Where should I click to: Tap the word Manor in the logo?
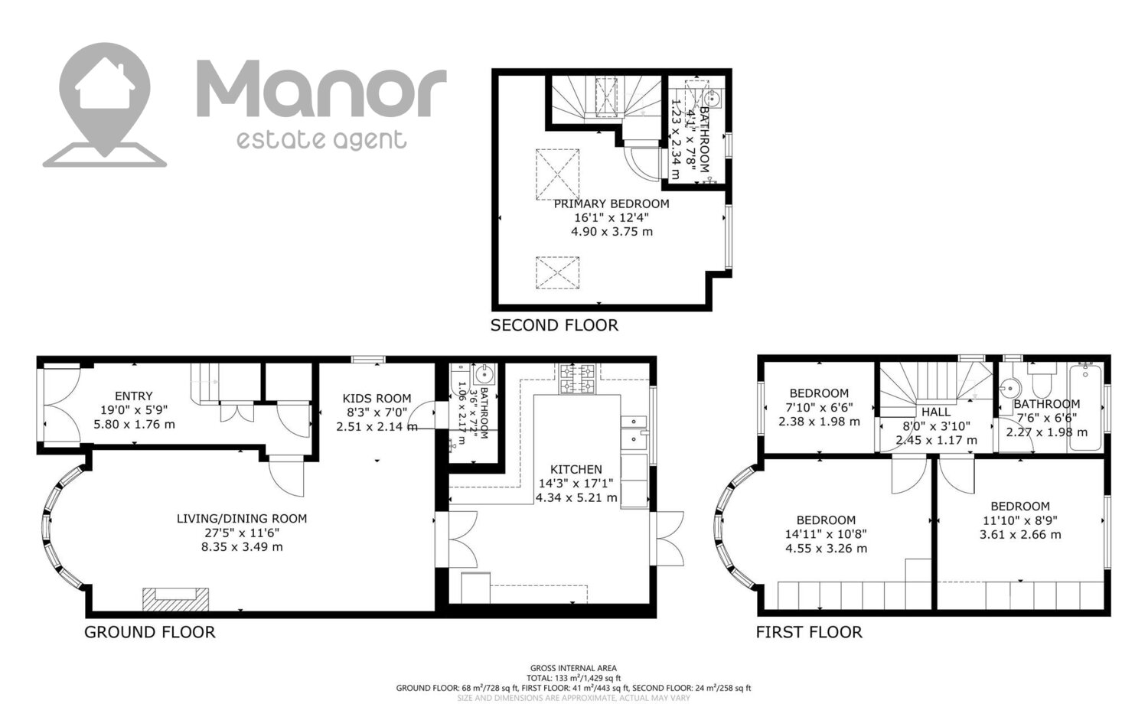click(322, 88)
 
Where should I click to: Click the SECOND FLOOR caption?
click(555, 325)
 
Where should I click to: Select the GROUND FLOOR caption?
click(150, 632)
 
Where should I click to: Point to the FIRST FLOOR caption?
click(809, 632)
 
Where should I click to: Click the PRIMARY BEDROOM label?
click(612, 204)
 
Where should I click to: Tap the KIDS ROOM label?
click(377, 399)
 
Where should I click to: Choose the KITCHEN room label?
click(576, 470)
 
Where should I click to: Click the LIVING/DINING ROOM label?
click(242, 519)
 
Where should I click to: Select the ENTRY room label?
click(134, 396)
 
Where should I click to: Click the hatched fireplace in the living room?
click(176, 599)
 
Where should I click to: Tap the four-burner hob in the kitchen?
click(577, 379)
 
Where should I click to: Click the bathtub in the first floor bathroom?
click(1085, 407)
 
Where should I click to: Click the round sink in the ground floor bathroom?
click(484, 375)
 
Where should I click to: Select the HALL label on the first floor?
click(936, 412)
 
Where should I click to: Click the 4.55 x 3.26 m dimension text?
click(826, 549)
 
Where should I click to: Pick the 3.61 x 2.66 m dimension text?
click(1020, 535)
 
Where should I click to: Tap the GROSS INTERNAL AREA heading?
click(573, 668)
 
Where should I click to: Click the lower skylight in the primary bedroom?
click(558, 272)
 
